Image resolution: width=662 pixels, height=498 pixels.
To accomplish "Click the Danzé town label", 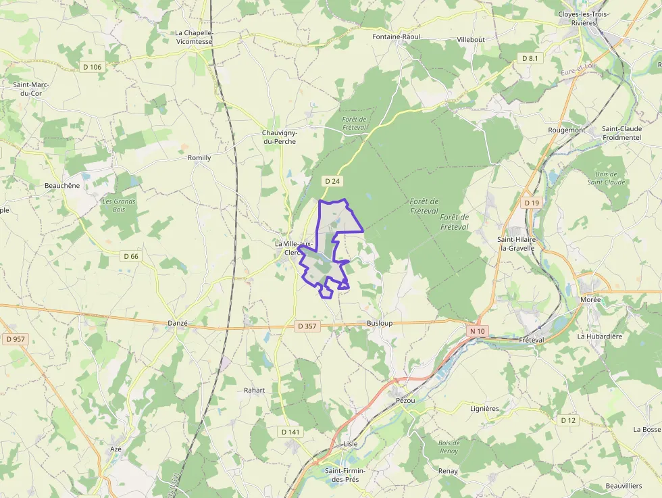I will (177, 324).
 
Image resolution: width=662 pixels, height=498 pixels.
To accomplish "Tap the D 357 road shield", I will (306, 326).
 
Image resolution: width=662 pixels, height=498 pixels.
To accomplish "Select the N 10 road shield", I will (478, 330).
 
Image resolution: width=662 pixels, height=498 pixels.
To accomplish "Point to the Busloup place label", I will (379, 324).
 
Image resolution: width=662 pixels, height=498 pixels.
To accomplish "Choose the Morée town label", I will (590, 299).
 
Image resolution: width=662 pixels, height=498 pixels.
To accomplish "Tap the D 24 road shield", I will (331, 181).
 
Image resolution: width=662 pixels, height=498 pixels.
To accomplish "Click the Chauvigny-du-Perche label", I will (280, 137).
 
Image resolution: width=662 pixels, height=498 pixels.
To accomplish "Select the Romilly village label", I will (199, 157).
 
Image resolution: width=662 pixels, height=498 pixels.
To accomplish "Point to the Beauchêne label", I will (62, 185).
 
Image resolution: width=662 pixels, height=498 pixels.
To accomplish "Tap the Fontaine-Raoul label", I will (397, 36).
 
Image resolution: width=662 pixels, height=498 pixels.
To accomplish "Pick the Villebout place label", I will (471, 40).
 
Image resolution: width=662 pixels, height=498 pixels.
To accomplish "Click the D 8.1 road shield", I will (530, 59).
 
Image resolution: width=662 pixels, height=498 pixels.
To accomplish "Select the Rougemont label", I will (567, 130).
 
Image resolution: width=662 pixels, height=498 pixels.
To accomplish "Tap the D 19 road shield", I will (532, 203).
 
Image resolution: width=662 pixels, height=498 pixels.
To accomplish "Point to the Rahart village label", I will (255, 391).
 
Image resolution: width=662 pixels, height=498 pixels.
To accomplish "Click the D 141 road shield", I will (289, 431).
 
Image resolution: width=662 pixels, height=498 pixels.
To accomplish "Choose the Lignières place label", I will (484, 409).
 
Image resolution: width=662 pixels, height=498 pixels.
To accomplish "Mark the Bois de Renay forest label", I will (449, 447).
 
